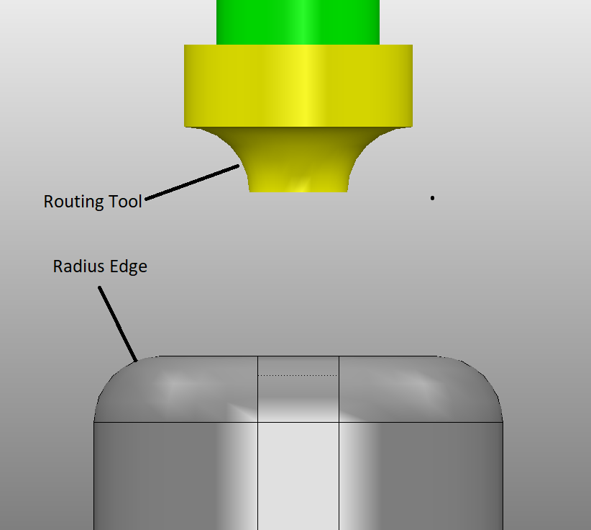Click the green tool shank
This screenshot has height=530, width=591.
[298, 22]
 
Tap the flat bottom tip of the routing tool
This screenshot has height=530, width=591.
[298, 190]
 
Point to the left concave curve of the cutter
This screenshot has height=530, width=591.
[240, 158]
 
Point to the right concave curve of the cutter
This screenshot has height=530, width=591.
[357, 158]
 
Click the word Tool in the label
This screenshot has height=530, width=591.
[125, 202]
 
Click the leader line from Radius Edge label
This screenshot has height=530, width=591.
[117, 323]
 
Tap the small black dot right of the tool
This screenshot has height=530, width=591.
[432, 197]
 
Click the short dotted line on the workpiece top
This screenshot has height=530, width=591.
[298, 375]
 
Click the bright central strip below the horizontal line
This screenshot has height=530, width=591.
[298, 475]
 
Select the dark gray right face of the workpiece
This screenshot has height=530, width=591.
[424, 475]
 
